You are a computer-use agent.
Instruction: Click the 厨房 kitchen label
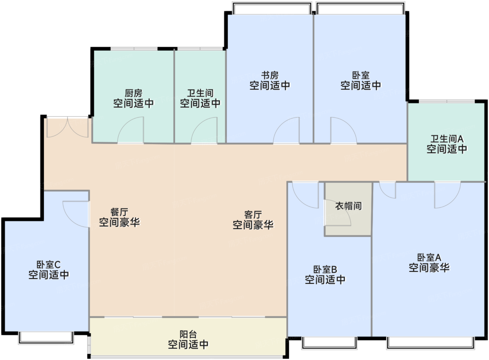pos(133,93)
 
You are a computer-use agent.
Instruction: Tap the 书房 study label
pos(270,75)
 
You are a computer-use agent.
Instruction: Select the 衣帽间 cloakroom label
pos(349,206)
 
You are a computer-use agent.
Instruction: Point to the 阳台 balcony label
pos(188,334)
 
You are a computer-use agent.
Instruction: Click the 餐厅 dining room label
pos(119,212)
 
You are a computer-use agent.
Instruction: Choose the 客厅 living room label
pos(253,215)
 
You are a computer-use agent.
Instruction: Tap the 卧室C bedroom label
pos(49,265)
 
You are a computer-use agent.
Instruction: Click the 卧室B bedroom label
pos(325,269)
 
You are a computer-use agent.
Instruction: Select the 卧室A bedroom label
pos(429,257)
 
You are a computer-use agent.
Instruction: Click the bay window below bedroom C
pos(46,338)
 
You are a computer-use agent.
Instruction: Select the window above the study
pos(272,8)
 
